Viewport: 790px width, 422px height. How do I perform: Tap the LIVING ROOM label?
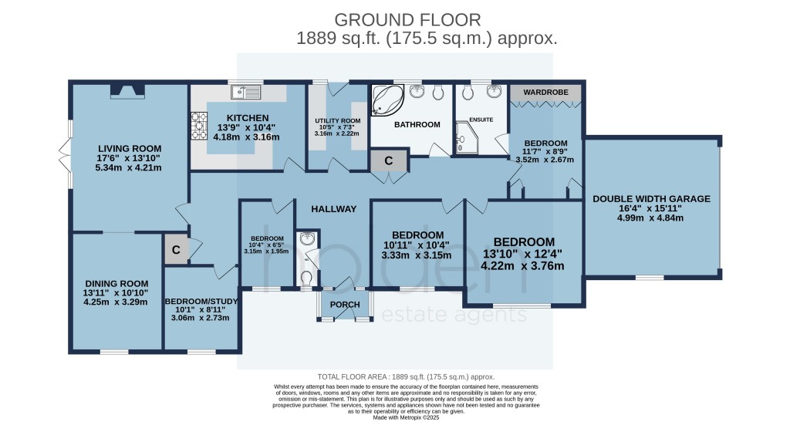[x=129, y=148]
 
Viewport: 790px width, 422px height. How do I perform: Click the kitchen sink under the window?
[x=252, y=92]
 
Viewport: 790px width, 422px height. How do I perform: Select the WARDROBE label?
[x=545, y=93]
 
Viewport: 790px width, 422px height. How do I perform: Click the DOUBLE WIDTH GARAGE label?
[x=651, y=198]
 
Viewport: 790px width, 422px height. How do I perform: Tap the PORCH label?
[x=345, y=305]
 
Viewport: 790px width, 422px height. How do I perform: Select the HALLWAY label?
[x=334, y=209]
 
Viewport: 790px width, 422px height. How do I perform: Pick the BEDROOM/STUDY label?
[x=201, y=301]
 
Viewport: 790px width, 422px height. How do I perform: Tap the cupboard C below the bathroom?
[x=389, y=160]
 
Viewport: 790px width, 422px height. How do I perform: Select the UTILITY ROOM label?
[x=337, y=122]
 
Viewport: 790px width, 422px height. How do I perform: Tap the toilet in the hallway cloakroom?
[x=306, y=275]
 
